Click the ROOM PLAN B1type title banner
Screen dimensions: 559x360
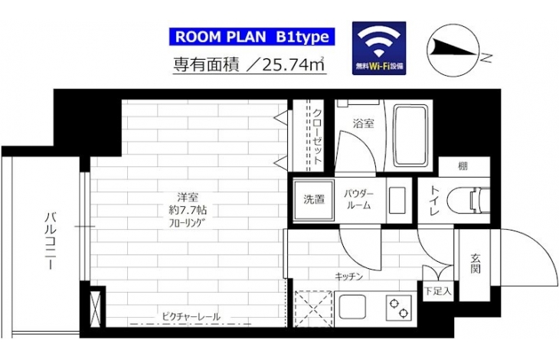pyautogui.click(x=252, y=37)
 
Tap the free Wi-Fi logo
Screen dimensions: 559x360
pyautogui.click(x=379, y=48)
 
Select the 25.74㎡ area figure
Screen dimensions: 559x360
pyautogui.click(x=293, y=64)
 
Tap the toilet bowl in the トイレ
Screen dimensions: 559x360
pyautogui.click(x=468, y=201)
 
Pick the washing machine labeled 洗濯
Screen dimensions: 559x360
pyautogui.click(x=314, y=200)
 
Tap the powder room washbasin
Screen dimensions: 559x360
pyautogui.click(x=397, y=201)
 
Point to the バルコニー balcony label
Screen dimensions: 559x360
pyautogui.click(x=50, y=241)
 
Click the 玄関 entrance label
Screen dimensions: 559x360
pyautogui.click(x=475, y=263)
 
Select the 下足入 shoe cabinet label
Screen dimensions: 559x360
pyautogui.click(x=438, y=292)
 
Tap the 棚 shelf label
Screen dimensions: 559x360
pyautogui.click(x=463, y=166)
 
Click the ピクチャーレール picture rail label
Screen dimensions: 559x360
pyautogui.click(x=191, y=316)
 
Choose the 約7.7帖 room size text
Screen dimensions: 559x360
pyautogui.click(x=188, y=210)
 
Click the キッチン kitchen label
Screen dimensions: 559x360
pyautogui.click(x=349, y=277)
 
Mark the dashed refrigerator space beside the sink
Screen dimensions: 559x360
pyautogui.click(x=314, y=309)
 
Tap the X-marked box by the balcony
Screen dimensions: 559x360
pyautogui.click(x=96, y=309)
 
